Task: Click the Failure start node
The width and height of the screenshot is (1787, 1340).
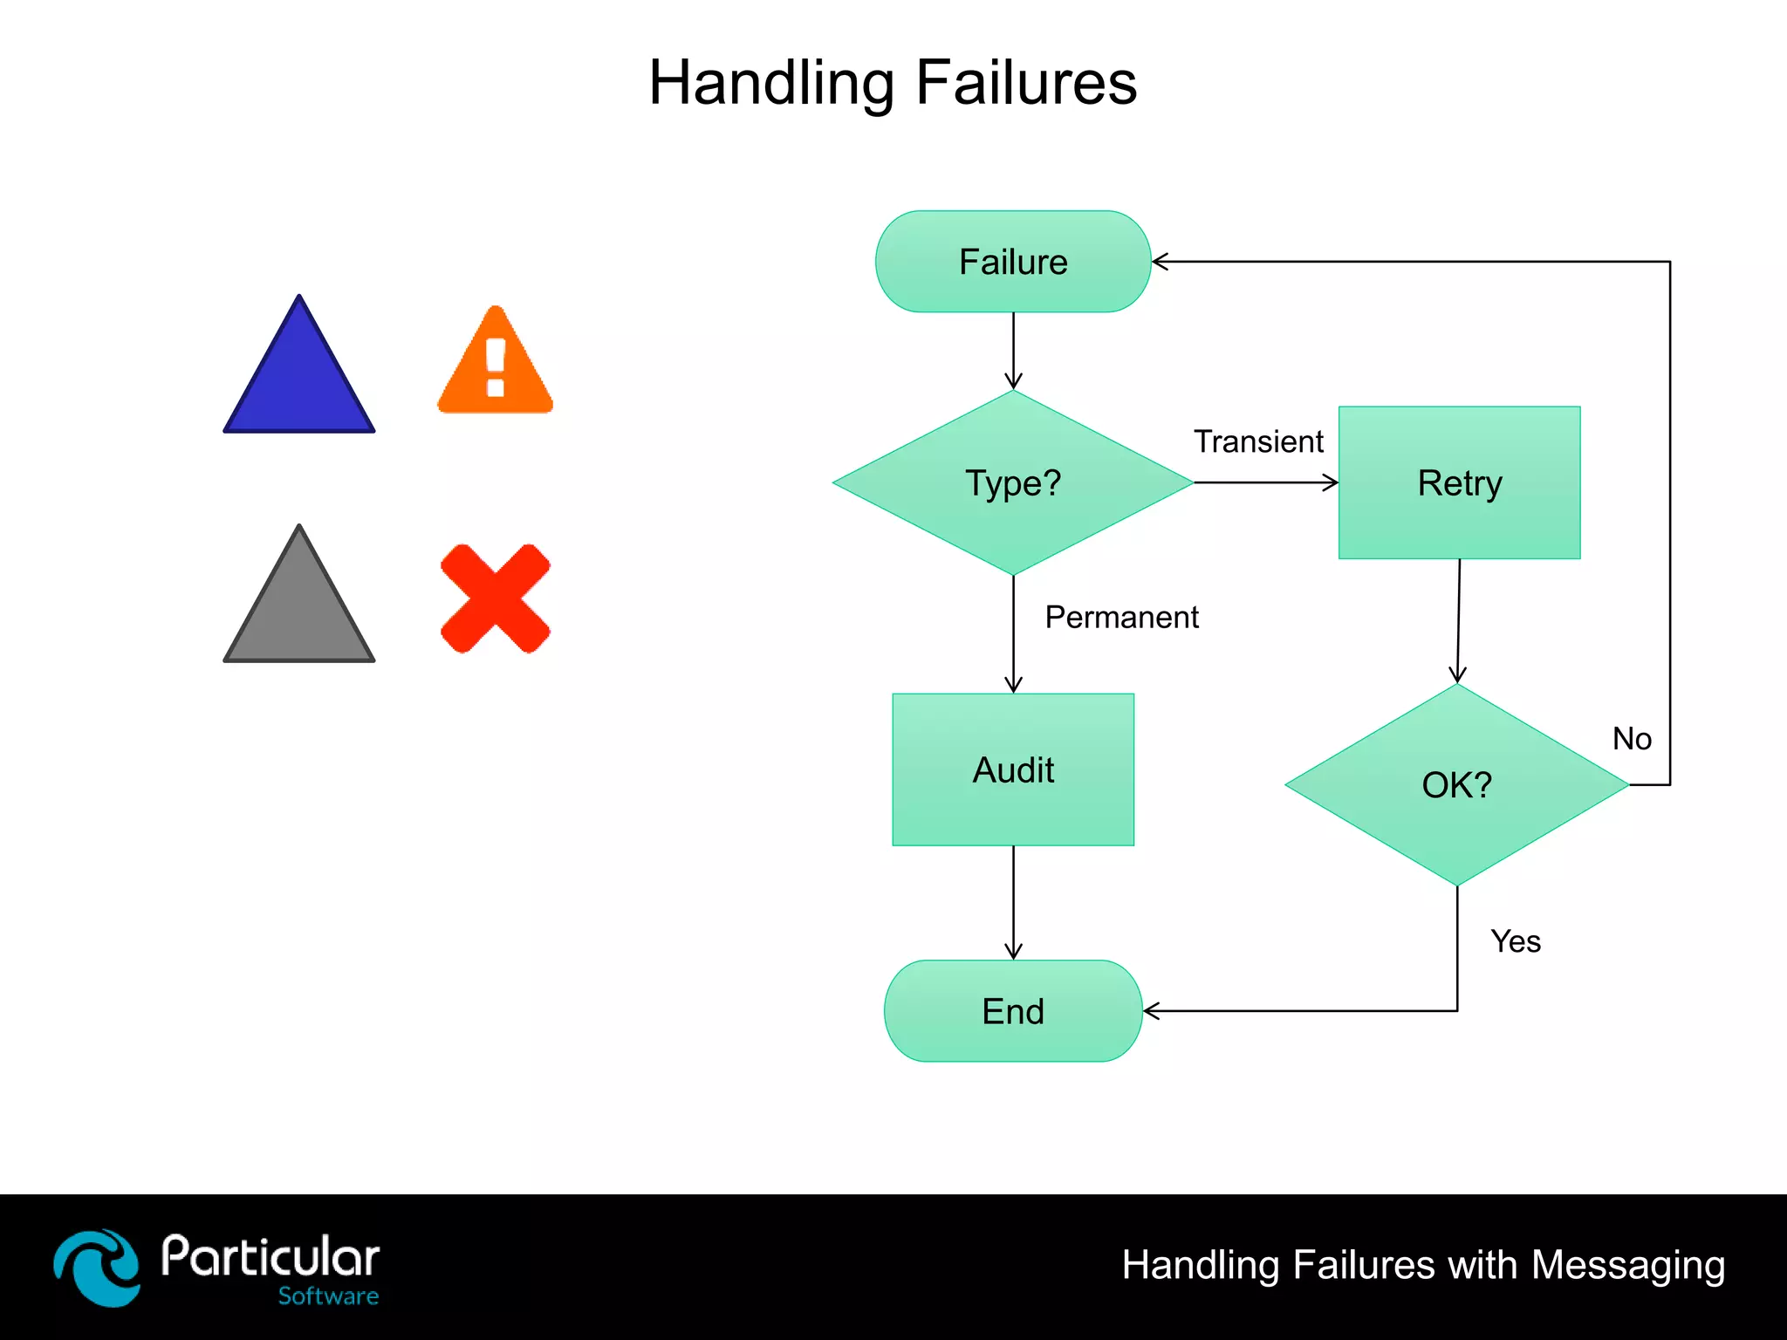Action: (1013, 262)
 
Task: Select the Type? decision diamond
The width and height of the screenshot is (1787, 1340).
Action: (1013, 482)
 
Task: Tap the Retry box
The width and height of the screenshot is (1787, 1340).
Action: (1459, 482)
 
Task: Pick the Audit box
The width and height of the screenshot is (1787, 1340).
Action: (1013, 769)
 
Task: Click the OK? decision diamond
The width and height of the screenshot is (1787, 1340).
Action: (1456, 784)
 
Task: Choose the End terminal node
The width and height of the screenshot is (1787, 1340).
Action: (1013, 1011)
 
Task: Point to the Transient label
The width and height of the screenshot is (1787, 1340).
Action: (1258, 441)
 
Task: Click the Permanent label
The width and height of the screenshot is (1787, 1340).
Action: (1121, 617)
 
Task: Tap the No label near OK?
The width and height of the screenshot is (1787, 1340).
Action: (1632, 739)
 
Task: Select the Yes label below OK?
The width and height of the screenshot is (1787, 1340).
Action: (1516, 941)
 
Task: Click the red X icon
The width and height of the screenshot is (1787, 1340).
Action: (496, 598)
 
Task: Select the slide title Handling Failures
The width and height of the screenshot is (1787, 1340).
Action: (893, 83)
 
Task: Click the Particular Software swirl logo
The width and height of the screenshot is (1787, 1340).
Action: (97, 1268)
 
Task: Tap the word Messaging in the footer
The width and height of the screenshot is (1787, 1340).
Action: (1628, 1265)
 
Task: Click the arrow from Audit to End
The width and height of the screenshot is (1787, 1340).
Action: (1013, 903)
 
